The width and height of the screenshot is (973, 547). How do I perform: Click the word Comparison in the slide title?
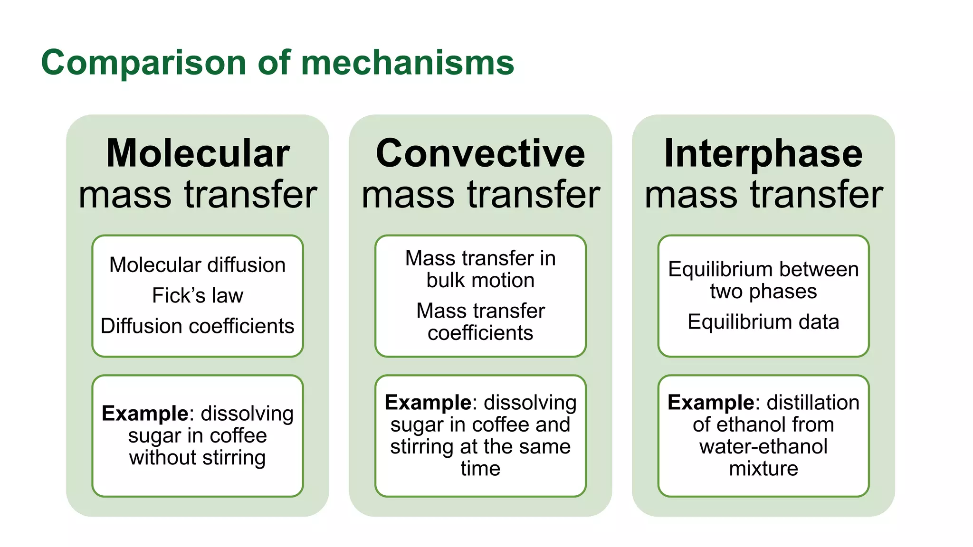click(143, 63)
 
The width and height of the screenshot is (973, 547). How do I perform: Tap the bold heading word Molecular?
click(198, 153)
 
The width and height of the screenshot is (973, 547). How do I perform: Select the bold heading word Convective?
click(480, 153)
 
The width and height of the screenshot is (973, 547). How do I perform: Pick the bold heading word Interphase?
click(763, 153)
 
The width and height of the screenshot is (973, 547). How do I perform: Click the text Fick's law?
click(198, 295)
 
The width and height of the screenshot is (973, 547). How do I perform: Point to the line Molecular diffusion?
click(198, 265)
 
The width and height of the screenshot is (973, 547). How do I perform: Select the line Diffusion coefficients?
click(198, 326)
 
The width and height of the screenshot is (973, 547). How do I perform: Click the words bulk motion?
click(480, 280)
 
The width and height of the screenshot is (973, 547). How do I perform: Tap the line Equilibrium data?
click(763, 322)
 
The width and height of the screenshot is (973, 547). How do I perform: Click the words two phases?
click(763, 291)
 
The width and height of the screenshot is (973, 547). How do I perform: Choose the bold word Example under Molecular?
click(145, 414)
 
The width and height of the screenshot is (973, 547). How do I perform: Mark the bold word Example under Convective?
click(428, 403)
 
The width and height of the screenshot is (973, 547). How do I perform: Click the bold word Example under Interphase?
click(710, 403)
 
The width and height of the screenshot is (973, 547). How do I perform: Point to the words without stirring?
click(198, 458)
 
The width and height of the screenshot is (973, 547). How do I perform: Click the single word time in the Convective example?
click(480, 469)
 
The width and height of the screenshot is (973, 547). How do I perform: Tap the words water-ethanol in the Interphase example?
click(763, 447)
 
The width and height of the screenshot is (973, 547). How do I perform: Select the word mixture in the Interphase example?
click(763, 469)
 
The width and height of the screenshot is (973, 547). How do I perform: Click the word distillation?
click(813, 403)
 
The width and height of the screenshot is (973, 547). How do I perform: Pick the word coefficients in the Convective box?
click(480, 333)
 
